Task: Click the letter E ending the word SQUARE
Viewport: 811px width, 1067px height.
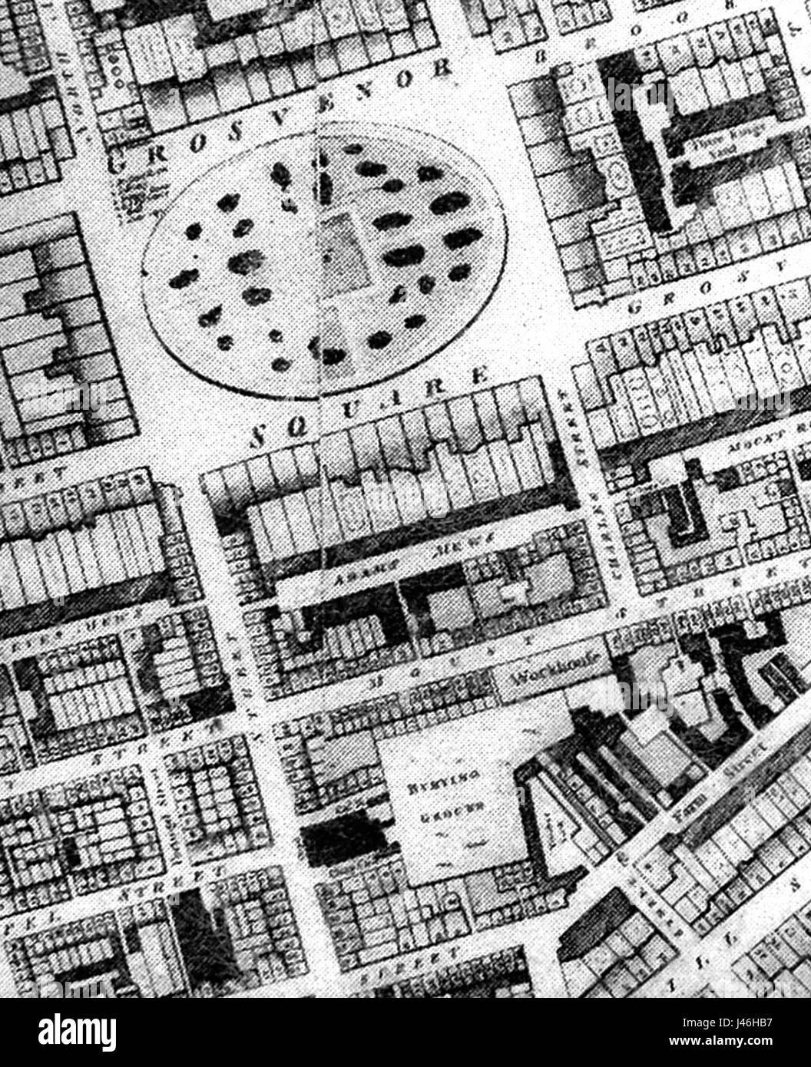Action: [x=481, y=377]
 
